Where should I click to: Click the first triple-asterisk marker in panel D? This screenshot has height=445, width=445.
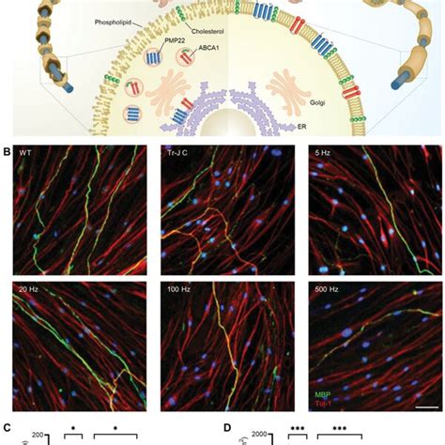point(298,428)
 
